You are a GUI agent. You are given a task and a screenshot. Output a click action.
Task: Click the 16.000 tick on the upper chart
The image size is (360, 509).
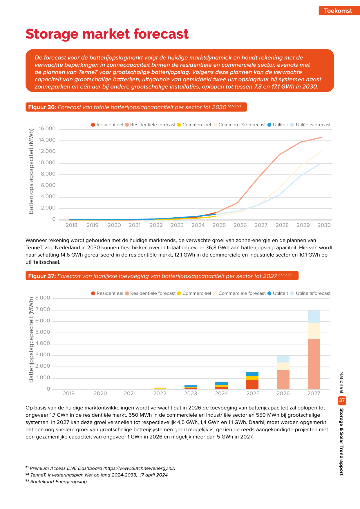tap(47, 129)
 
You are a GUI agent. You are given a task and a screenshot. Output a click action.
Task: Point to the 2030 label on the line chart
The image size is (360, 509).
tap(324, 225)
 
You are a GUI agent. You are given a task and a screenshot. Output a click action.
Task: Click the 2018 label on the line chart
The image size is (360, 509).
tap(71, 225)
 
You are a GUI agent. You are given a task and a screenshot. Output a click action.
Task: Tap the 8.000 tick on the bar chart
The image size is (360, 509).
tap(43, 298)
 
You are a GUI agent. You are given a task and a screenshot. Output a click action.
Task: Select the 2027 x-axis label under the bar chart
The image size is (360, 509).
tap(314, 394)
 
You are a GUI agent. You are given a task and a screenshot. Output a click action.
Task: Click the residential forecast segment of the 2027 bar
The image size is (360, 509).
tap(314, 364)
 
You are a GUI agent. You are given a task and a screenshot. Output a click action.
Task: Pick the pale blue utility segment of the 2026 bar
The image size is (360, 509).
tap(283, 359)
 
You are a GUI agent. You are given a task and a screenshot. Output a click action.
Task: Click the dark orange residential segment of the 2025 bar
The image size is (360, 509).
tap(252, 384)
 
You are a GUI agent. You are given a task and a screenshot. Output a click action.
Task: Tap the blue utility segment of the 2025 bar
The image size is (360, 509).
tap(252, 374)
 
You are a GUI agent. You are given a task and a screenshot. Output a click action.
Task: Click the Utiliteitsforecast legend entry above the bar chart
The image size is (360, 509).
tap(310, 293)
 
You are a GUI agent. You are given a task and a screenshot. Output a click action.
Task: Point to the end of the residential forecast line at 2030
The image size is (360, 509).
tap(321, 137)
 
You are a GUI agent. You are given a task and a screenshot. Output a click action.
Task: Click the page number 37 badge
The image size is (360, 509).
tap(342, 400)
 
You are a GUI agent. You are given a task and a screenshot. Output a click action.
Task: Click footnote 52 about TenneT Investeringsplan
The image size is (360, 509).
tap(97, 475)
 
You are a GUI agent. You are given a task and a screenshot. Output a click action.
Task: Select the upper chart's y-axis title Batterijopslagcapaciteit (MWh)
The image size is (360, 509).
tap(31, 171)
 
